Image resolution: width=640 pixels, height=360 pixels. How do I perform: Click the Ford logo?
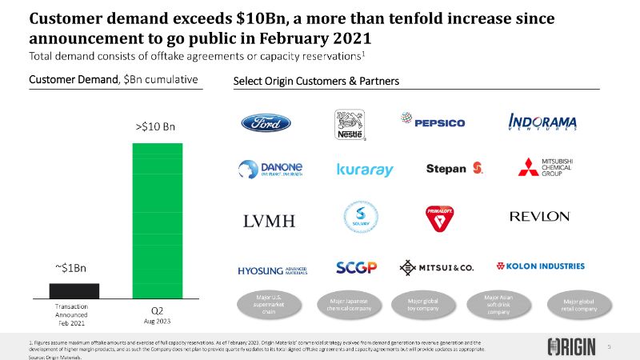pyautogui.click(x=266, y=123)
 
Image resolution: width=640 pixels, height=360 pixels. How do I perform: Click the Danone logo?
pyautogui.click(x=270, y=169)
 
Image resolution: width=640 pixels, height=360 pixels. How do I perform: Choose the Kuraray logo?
pyautogui.click(x=365, y=170)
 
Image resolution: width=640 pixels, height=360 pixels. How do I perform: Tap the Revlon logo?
pyautogui.click(x=539, y=217)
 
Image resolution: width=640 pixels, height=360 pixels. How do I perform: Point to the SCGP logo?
pyautogui.click(x=357, y=266)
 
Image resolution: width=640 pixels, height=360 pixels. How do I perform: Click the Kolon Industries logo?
pyautogui.click(x=541, y=266)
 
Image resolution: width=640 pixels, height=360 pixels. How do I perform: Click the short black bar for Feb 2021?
pyautogui.click(x=74, y=290)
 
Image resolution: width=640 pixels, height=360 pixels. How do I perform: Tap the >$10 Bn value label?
pyautogui.click(x=155, y=126)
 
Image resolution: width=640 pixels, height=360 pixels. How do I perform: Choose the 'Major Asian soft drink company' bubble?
pyautogui.click(x=498, y=304)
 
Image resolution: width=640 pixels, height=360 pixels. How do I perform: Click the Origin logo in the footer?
pyautogui.click(x=572, y=346)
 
